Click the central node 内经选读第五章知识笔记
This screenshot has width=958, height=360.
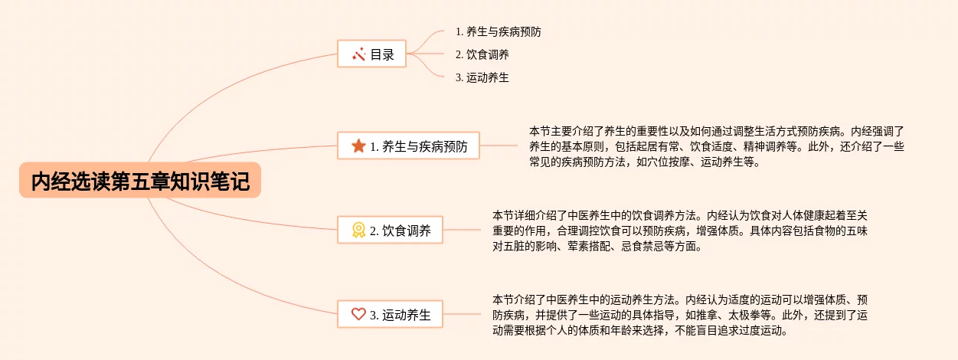[x=140, y=180]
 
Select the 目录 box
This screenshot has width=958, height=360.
[x=371, y=54]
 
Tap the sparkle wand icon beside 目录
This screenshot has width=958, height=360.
[x=359, y=54]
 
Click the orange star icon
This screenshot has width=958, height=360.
[x=358, y=146]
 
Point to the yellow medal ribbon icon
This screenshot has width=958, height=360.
[x=358, y=230]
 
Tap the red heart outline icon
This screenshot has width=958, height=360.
[x=358, y=314]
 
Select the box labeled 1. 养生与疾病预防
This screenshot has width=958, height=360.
[x=408, y=146]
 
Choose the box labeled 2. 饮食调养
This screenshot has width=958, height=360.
[x=390, y=230]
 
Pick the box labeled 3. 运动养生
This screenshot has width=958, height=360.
[x=390, y=314]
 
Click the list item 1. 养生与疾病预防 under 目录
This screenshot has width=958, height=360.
[x=499, y=31]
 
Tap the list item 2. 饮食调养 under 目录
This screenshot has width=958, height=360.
[x=482, y=54]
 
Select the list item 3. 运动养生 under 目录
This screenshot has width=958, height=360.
[x=482, y=77]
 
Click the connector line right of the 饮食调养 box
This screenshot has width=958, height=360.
[x=462, y=230]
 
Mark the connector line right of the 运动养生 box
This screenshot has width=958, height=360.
[x=462, y=314]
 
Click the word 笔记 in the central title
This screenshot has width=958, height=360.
[x=231, y=182]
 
